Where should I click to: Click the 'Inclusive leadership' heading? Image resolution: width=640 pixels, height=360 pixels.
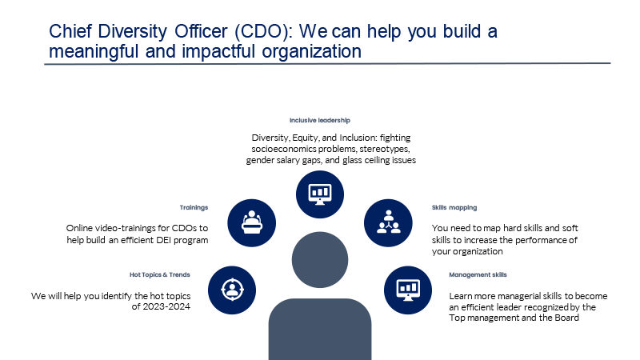pyautogui.click(x=319, y=121)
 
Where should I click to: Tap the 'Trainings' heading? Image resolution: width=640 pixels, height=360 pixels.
pyautogui.click(x=194, y=208)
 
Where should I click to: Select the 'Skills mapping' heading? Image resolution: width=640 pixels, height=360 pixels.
pyautogui.click(x=454, y=208)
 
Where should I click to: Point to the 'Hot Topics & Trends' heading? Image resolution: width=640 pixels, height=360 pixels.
pyautogui.click(x=159, y=274)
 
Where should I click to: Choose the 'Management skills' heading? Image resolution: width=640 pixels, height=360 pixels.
pyautogui.click(x=478, y=274)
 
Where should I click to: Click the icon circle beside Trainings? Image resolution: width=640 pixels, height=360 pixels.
pyautogui.click(x=251, y=223)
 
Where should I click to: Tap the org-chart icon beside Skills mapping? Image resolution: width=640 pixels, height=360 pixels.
pyautogui.click(x=388, y=223)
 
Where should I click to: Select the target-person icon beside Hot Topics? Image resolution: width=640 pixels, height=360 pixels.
pyautogui.click(x=232, y=290)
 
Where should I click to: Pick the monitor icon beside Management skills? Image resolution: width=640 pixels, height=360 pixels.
pyautogui.click(x=408, y=290)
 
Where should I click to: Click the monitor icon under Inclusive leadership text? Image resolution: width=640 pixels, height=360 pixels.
pyautogui.click(x=320, y=194)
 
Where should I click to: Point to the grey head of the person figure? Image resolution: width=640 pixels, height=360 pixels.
pyautogui.click(x=320, y=260)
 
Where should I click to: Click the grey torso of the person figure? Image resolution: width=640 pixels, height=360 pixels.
pyautogui.click(x=320, y=329)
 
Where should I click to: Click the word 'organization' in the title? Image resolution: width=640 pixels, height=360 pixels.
pyautogui.click(x=311, y=52)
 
